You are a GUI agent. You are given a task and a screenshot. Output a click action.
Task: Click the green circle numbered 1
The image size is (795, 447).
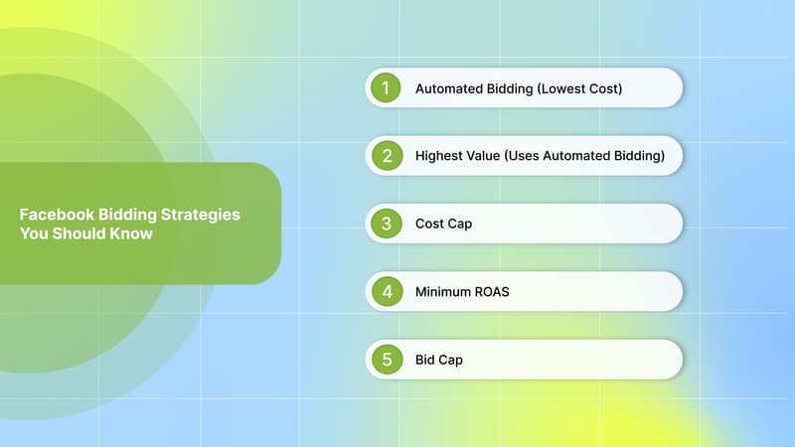[386, 88]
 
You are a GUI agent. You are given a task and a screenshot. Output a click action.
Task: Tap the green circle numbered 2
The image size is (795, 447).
[386, 156]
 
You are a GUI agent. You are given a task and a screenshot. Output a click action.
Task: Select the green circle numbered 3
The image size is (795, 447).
[386, 223]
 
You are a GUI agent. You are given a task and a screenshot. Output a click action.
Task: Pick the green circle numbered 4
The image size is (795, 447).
[386, 292]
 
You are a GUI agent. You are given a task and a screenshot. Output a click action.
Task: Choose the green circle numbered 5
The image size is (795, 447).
[386, 360]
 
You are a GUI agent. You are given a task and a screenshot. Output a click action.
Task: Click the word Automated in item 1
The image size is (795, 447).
[448, 89]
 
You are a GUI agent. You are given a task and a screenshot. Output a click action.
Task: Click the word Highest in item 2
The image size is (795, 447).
[439, 157]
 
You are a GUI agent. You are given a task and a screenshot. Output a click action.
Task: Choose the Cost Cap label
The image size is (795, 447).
[443, 224]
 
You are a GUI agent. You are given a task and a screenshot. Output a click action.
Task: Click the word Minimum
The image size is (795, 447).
[443, 292]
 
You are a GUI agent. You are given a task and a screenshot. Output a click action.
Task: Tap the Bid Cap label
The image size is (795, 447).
[438, 360]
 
